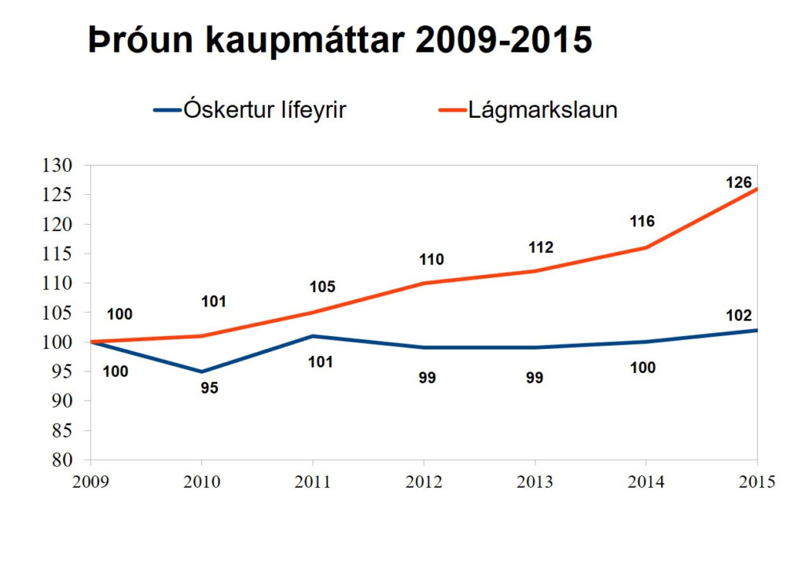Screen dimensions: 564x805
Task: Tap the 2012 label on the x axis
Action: pos(424,482)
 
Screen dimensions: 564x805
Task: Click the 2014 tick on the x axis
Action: pos(646,482)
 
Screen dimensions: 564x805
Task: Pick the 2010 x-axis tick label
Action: pos(201,482)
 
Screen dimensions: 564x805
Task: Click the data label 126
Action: pos(738,182)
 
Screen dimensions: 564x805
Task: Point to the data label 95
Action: pos(209,387)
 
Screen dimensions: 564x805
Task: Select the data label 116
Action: pos(642,222)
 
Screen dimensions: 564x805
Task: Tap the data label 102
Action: pos(738,316)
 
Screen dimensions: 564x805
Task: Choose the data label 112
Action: pos(541,248)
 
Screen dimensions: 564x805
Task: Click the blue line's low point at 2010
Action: pos(202,372)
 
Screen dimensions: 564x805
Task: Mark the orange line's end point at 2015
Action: pos(757,189)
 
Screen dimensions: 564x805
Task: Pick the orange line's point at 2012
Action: pos(425,283)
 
